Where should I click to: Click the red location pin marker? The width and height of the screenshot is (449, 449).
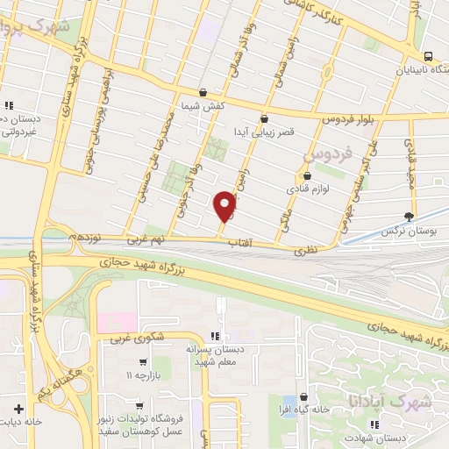tap(224, 206)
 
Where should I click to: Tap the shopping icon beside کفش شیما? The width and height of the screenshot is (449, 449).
tap(203, 91)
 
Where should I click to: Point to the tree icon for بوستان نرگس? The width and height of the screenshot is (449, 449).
tap(409, 216)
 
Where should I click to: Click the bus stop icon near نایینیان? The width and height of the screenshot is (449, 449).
tap(428, 52)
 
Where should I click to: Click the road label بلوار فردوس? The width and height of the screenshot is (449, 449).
tap(325, 116)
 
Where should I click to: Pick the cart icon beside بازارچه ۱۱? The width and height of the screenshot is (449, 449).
tap(141, 361)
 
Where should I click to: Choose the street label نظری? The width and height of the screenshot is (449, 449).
tap(313, 249)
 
